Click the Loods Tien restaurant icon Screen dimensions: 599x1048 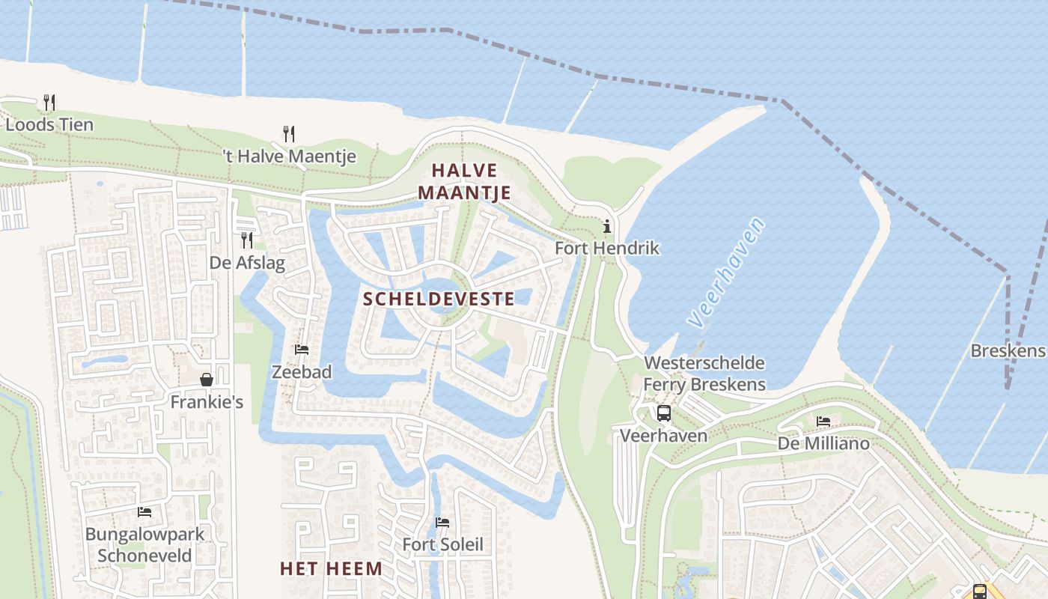tap(49, 102)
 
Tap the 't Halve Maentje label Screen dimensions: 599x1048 tap(290, 156)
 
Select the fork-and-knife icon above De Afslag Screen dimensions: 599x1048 tap(246, 240)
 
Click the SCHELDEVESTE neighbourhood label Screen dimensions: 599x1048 tap(439, 299)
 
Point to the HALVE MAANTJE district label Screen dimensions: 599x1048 tap(464, 182)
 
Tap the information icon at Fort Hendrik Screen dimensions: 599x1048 tap(607, 225)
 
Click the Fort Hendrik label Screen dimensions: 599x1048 tap(607, 248)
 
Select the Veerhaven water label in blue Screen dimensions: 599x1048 tap(727, 273)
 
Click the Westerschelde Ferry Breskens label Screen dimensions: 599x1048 tap(704, 374)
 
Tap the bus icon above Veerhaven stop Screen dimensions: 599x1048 tap(663, 413)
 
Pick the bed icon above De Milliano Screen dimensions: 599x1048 tap(823, 422)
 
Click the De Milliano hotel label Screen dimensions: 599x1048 tap(823, 443)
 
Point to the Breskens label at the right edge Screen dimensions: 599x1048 tap(1008, 350)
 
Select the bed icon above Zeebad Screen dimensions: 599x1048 tap(302, 350)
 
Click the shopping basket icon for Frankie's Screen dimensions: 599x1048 tap(207, 380)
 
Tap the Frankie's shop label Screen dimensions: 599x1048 tap(207, 402)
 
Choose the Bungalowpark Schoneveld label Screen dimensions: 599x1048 tap(144, 545)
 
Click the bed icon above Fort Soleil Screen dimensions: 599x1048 tap(442, 522)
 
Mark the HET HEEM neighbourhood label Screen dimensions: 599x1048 tap(331, 568)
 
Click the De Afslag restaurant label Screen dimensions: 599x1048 tap(247, 263)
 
